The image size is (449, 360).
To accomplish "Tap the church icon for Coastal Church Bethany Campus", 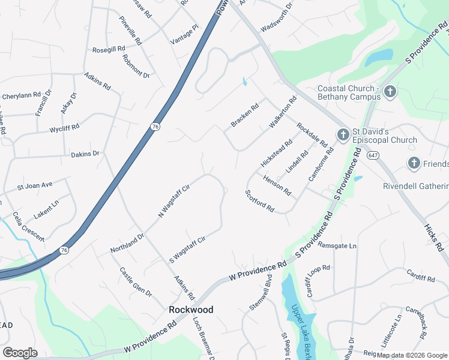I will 390,92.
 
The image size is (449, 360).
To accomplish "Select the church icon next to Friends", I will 414,163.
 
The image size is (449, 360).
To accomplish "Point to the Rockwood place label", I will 191,310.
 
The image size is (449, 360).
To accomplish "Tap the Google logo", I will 20,353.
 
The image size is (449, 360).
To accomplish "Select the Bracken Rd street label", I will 245,115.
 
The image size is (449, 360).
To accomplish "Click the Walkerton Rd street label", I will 283,112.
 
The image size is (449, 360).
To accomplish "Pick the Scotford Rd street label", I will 260,201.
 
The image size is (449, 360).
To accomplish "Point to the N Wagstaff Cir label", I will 174,201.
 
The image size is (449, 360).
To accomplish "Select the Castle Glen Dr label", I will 136,282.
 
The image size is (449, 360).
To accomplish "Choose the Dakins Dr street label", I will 85,154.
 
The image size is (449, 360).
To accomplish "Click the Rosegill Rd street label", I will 108,49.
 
